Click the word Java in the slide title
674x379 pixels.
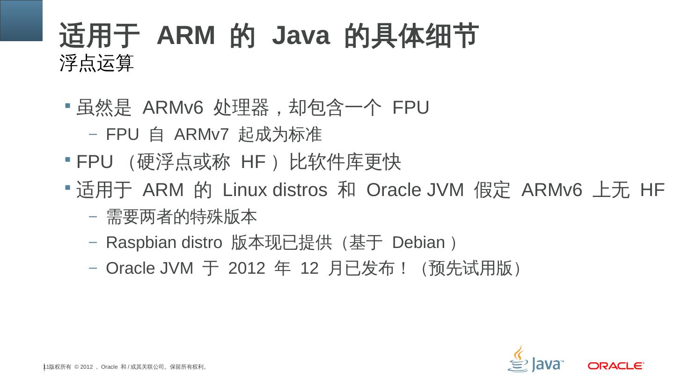click(x=300, y=36)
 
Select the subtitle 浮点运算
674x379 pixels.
click(x=97, y=63)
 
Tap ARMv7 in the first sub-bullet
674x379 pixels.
click(x=201, y=135)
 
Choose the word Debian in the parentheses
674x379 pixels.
click(x=418, y=243)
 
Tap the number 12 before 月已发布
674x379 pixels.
click(x=309, y=269)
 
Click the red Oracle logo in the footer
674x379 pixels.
click(x=616, y=365)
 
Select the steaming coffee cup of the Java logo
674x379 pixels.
click(x=518, y=359)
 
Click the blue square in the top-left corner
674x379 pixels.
click(x=21, y=20)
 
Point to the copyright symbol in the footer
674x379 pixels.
click(x=76, y=367)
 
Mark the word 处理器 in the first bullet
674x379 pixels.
click(x=241, y=108)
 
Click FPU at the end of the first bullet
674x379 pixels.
click(x=410, y=108)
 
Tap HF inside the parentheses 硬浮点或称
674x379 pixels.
click(x=253, y=162)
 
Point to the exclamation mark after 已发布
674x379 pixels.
click(x=403, y=269)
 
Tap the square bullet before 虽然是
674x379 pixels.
click(x=68, y=105)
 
